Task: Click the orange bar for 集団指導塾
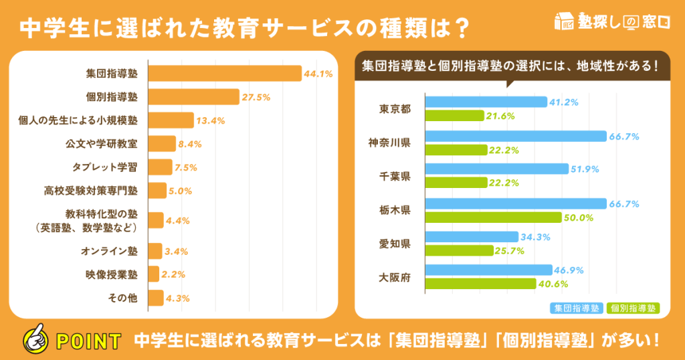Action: tap(225, 74)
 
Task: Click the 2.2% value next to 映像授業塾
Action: tap(173, 274)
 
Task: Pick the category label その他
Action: tap(122, 298)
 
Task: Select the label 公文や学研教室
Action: tap(102, 144)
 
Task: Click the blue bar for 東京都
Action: tap(486, 102)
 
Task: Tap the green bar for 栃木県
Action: tap(493, 217)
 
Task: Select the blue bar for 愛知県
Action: tap(472, 237)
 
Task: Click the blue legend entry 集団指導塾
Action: tap(576, 308)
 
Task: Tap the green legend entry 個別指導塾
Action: tap(633, 308)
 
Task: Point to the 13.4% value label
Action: tap(210, 121)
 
